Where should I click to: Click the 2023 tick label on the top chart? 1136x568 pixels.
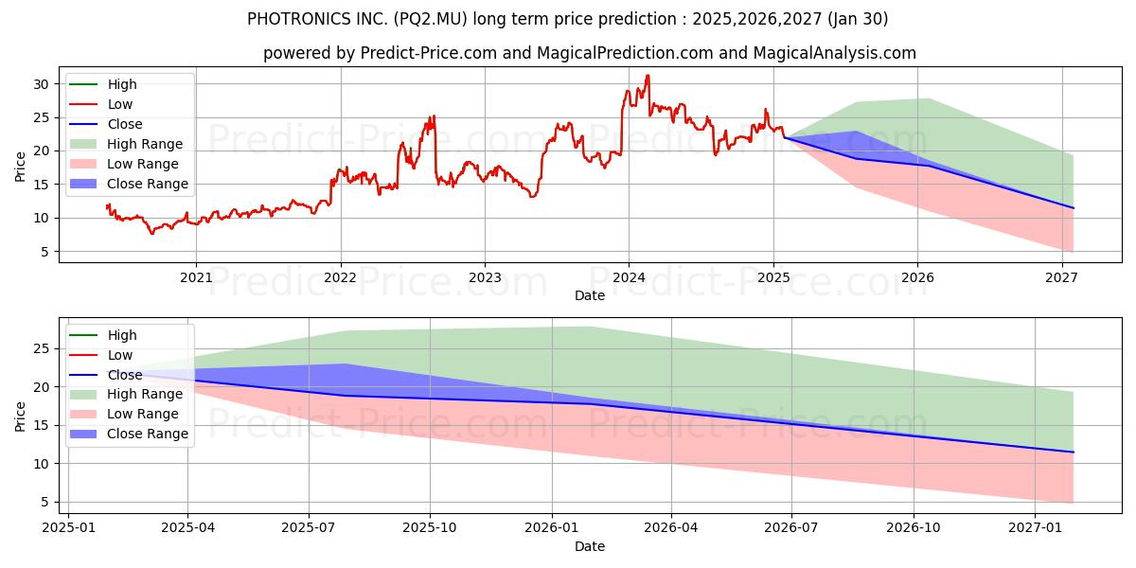(485, 277)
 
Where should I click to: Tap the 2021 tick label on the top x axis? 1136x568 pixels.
(196, 277)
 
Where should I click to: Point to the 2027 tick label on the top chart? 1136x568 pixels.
(1061, 277)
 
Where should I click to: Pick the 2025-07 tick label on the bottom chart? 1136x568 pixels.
(309, 528)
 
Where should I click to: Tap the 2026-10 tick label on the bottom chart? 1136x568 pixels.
(914, 528)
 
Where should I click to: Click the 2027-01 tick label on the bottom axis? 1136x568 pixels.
(1035, 528)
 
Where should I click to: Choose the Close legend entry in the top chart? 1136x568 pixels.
(125, 124)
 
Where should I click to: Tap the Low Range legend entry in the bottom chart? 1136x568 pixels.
(143, 414)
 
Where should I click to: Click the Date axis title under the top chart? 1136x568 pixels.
(589, 295)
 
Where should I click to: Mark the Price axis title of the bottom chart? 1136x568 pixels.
(21, 416)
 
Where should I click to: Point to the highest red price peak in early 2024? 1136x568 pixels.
(648, 76)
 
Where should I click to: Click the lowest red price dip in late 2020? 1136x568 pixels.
(152, 233)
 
